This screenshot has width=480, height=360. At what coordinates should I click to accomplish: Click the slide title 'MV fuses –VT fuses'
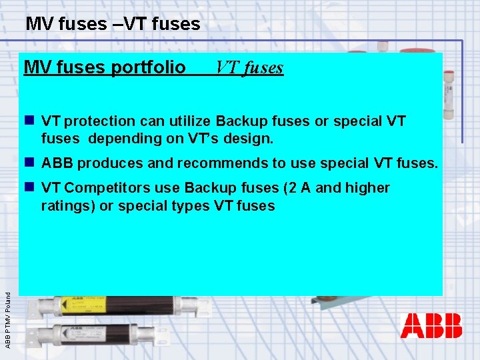pos(113,25)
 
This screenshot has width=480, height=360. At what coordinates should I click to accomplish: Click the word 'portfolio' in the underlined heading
pos(153,68)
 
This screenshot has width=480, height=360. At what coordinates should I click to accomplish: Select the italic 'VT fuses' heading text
pos(249,68)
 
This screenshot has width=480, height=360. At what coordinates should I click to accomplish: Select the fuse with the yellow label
pos(113,307)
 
